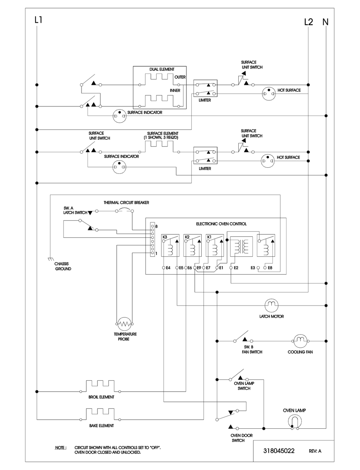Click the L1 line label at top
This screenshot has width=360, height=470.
click(38, 20)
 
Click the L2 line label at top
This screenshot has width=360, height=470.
click(309, 22)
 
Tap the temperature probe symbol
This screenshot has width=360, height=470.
click(124, 323)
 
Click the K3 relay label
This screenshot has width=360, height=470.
click(165, 237)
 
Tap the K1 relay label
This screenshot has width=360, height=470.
click(209, 237)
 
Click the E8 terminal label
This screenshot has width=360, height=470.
click(270, 268)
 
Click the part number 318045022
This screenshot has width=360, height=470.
click(279, 451)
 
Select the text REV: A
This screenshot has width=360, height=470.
click(315, 451)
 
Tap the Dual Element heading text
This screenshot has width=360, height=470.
click(162, 69)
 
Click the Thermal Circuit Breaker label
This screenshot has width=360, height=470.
click(126, 203)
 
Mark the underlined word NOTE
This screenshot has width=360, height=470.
click(61, 447)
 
